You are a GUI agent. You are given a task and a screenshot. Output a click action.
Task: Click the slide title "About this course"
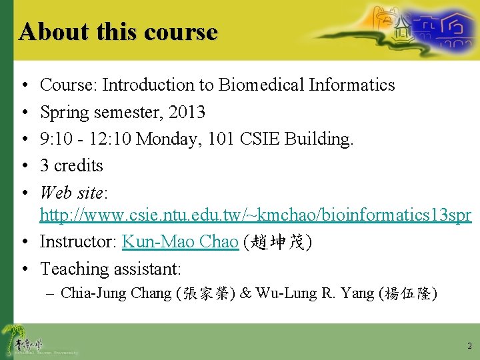click(x=118, y=31)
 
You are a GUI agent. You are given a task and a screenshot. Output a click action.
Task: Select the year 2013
click(x=187, y=112)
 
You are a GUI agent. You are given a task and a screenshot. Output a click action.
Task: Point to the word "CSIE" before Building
click(x=261, y=139)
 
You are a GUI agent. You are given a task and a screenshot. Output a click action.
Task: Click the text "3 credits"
click(x=71, y=165)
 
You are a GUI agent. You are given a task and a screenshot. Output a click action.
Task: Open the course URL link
click(x=255, y=215)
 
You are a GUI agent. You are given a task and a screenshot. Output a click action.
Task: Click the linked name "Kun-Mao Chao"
click(x=180, y=241)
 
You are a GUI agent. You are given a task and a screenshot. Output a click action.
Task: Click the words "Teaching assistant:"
click(x=111, y=269)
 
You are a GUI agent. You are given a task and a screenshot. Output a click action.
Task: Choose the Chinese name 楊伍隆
click(x=407, y=293)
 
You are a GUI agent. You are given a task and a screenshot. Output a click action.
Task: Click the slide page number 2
click(x=469, y=345)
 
